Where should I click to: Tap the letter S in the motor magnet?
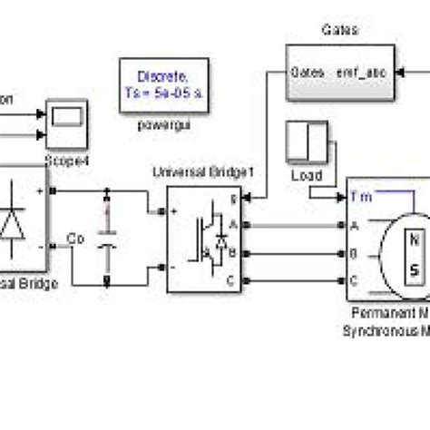tap(413, 270)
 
